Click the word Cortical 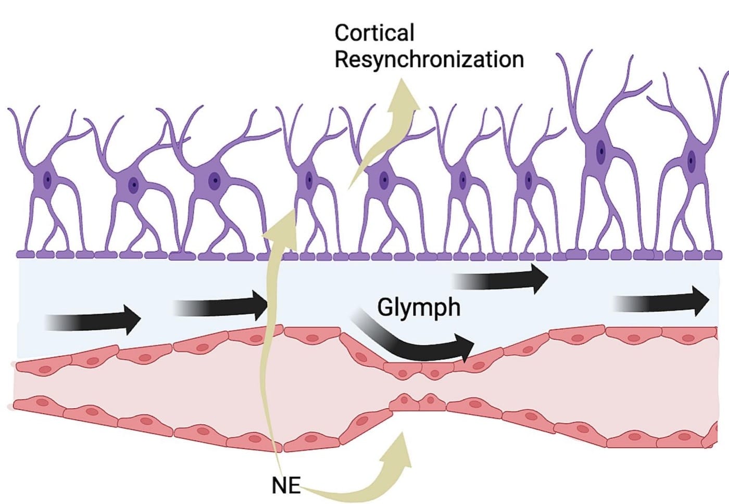374,33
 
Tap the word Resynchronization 429,59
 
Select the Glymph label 419,307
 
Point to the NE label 286,485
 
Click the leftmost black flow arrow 94,320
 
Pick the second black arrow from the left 221,306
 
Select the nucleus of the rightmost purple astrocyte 692,161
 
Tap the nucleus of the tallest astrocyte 601,151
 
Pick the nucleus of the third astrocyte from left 214,181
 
